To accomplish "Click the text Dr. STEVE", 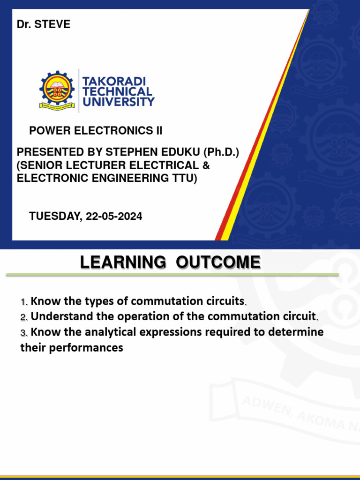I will (44, 24).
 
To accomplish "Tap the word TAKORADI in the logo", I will (114, 82).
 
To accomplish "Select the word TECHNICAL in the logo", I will (117, 91).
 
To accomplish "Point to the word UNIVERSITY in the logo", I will (119, 101).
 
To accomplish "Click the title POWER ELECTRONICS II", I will (96, 131).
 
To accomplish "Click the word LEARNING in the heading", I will (123, 262).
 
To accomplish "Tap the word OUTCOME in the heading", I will (218, 262).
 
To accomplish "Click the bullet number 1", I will (23, 301).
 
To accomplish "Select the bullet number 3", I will (23, 333).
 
